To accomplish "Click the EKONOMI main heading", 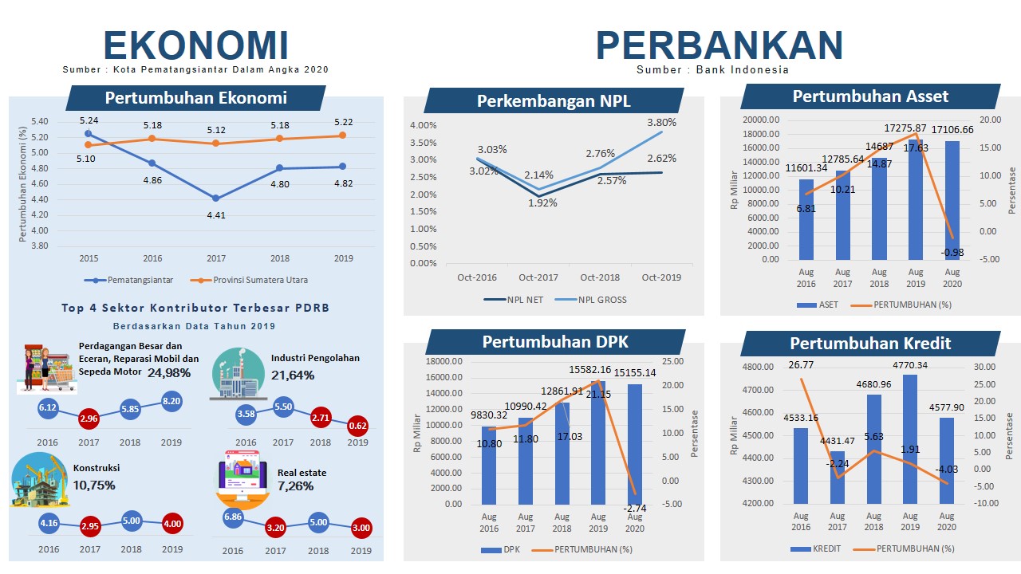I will (195, 45).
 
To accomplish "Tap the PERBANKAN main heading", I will (719, 45).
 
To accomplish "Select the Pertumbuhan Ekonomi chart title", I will (195, 98).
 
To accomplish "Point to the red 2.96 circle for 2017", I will (89, 419).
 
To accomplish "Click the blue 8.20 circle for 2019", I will (171, 402).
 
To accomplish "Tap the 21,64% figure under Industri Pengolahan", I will (293, 375).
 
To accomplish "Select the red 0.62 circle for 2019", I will (357, 426).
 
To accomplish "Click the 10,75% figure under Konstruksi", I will (94, 485).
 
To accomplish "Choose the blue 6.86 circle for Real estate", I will (234, 517).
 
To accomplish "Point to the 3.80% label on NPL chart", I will (661, 123).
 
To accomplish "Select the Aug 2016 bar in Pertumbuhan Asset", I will (806, 219).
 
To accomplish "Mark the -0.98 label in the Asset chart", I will (951, 252).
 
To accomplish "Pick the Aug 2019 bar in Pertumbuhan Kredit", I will (910, 438).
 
